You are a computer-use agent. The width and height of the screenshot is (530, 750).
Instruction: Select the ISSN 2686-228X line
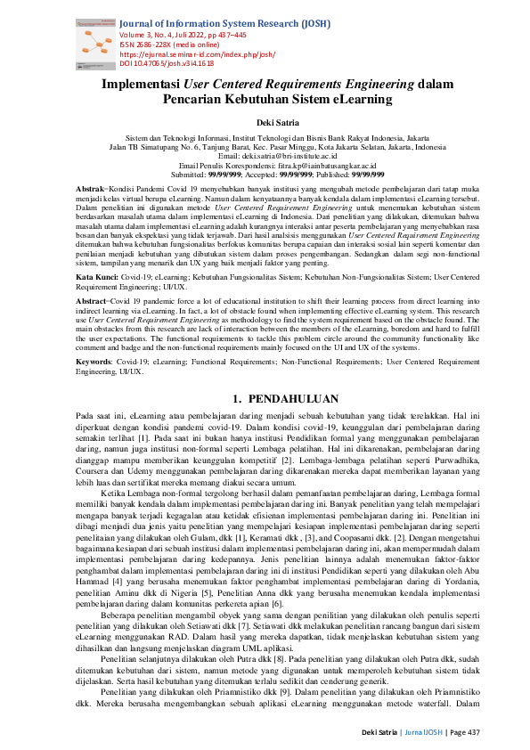(x=169, y=45)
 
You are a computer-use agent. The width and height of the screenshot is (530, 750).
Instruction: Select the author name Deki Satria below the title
(x=265, y=124)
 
